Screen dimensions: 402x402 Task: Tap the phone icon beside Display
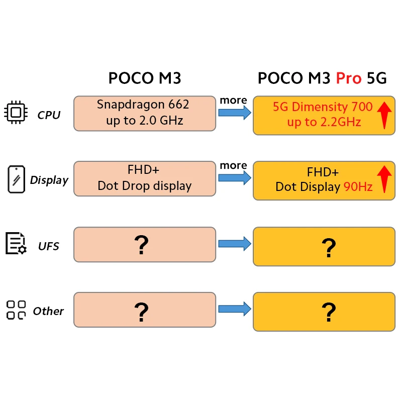pos(16,179)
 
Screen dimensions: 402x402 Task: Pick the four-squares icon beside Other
pos(16,310)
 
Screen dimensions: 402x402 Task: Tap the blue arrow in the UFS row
pos(234,244)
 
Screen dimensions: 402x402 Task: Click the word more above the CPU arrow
pos(233,100)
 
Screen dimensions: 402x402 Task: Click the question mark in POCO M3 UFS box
pos(142,244)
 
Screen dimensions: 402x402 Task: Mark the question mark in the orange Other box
pos(329,312)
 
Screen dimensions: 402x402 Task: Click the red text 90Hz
pos(358,187)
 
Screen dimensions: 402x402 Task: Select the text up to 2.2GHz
pos(324,122)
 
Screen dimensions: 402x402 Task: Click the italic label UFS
pos(48,246)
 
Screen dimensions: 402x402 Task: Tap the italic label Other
pos(48,311)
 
